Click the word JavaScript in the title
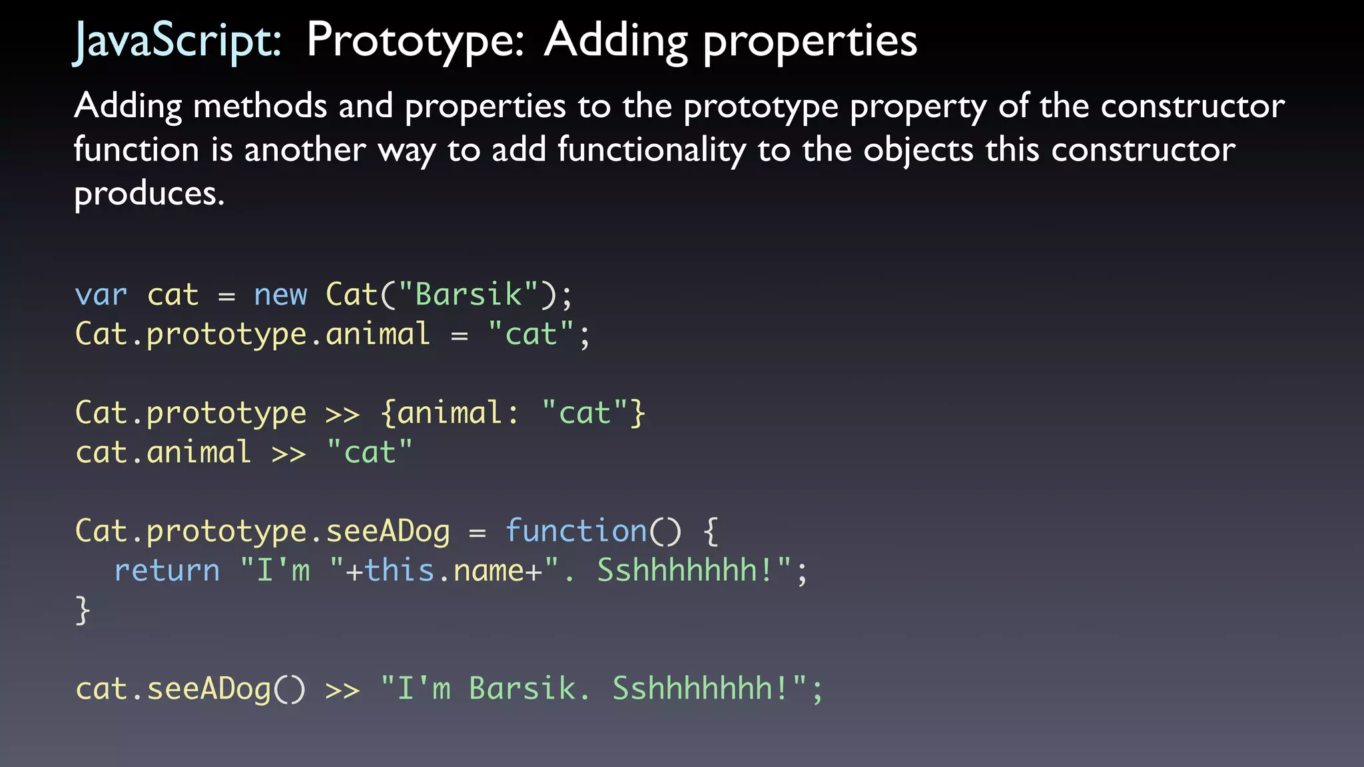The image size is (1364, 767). click(x=177, y=41)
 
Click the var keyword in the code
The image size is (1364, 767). click(x=101, y=295)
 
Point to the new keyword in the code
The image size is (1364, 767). click(x=280, y=295)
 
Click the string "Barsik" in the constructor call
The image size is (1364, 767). click(x=468, y=295)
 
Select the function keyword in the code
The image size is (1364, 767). click(x=576, y=531)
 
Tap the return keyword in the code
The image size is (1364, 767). click(x=167, y=571)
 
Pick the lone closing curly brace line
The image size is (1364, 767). click(x=83, y=610)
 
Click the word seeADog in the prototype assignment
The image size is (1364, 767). click(x=388, y=531)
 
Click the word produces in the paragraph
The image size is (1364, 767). click(x=149, y=194)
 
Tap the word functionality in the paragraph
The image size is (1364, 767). click(x=651, y=150)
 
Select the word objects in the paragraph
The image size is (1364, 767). click(x=918, y=150)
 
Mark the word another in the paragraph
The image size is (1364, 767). click(x=305, y=150)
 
